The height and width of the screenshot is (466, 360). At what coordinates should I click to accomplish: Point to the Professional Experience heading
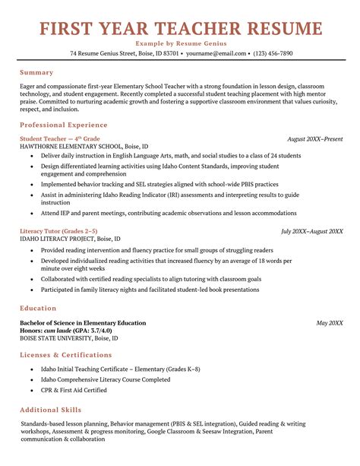click(x=64, y=125)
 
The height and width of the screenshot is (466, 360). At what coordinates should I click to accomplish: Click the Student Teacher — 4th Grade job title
click(x=60, y=139)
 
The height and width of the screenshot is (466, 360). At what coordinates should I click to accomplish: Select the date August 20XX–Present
click(x=314, y=139)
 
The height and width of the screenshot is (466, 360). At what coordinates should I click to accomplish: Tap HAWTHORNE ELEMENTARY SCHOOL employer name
click(x=84, y=146)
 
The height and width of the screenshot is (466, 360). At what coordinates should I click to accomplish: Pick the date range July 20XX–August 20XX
click(x=311, y=231)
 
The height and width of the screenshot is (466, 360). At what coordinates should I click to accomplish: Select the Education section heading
click(x=39, y=309)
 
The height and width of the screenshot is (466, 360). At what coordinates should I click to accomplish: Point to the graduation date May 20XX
click(x=330, y=323)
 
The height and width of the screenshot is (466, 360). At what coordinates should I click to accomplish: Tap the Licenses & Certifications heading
click(x=66, y=355)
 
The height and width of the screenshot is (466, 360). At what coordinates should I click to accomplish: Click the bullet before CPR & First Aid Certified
click(x=31, y=390)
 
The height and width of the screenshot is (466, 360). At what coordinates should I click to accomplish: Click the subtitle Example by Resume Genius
click(x=180, y=44)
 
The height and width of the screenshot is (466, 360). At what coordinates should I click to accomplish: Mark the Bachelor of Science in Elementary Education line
click(x=83, y=323)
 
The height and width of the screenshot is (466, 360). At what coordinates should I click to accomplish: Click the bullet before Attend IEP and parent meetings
click(x=31, y=214)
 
